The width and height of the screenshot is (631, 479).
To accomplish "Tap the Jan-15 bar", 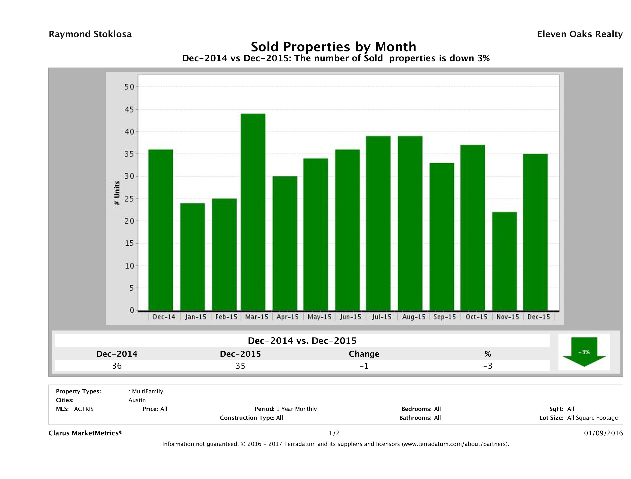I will point(193,257).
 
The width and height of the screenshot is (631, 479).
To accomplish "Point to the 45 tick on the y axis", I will point(129,110).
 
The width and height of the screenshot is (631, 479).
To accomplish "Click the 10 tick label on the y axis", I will point(129,266).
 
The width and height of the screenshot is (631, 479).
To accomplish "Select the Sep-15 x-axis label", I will point(444,317).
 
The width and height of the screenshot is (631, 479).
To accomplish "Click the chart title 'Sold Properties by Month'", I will point(333,47).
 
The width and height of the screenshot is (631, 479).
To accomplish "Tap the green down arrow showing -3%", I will point(584,352).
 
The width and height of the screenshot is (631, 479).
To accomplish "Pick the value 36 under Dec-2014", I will point(117,366).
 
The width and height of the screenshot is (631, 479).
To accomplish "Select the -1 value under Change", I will point(364,366).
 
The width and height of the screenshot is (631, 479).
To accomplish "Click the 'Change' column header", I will point(364,354).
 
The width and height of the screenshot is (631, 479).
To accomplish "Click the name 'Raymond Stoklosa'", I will point(90,34).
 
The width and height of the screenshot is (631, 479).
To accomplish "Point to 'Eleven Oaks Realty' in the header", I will point(580,34).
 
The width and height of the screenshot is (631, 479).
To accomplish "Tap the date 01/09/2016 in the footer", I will point(603,433).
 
